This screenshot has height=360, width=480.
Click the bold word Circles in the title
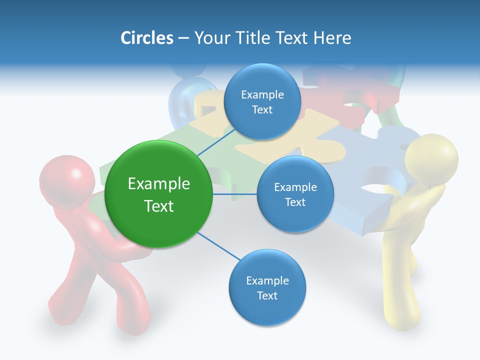click(146, 38)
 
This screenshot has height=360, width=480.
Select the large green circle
click(158, 194)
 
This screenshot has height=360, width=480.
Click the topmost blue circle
click(262, 102)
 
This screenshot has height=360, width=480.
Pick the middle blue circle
click(295, 194)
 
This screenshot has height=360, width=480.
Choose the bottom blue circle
click(267, 288)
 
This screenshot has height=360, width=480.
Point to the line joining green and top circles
click(216, 143)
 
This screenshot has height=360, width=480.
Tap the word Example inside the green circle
click(158, 184)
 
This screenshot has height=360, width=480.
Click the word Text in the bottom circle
click(267, 295)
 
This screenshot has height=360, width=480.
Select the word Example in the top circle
click(262, 94)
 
